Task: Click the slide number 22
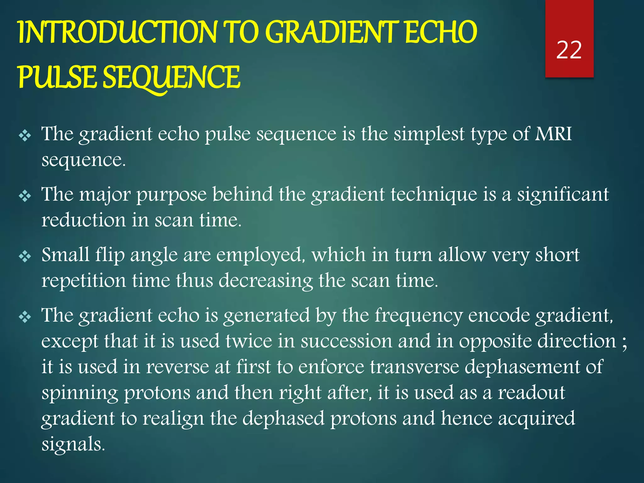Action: click(x=569, y=50)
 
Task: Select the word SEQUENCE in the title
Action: click(x=172, y=77)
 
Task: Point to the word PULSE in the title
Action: click(x=57, y=77)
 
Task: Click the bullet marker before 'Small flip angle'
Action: click(x=25, y=257)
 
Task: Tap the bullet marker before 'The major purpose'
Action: click(x=25, y=196)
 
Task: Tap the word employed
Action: click(x=261, y=255)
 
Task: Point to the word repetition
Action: click(x=83, y=280)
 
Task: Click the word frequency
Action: click(x=419, y=316)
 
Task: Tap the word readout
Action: click(x=531, y=392)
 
